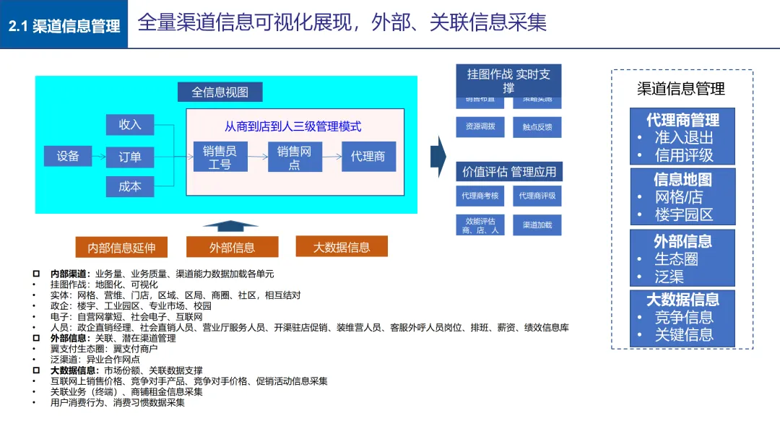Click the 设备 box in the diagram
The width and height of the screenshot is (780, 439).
(x=68, y=155)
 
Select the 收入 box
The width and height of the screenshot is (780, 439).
(x=130, y=124)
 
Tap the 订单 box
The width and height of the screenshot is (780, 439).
(x=130, y=156)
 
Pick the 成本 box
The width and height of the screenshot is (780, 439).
(x=130, y=186)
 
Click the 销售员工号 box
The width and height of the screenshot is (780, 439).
(x=220, y=157)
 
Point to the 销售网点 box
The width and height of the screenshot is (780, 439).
(x=294, y=157)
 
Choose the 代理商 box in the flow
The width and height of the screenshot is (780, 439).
(x=368, y=157)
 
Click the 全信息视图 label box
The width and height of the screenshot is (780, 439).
(x=220, y=92)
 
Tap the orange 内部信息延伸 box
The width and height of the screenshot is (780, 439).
(x=121, y=248)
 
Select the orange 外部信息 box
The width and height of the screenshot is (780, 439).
(x=232, y=248)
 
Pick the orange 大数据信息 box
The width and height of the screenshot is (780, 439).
(x=341, y=247)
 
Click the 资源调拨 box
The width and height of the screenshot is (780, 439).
(x=480, y=126)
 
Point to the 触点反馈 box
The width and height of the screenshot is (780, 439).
(x=537, y=126)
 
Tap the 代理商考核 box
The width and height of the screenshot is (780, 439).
(x=480, y=196)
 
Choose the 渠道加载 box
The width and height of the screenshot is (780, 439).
(x=537, y=225)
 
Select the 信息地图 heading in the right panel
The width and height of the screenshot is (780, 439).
(x=682, y=179)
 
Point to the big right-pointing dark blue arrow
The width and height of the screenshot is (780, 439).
(x=438, y=155)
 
